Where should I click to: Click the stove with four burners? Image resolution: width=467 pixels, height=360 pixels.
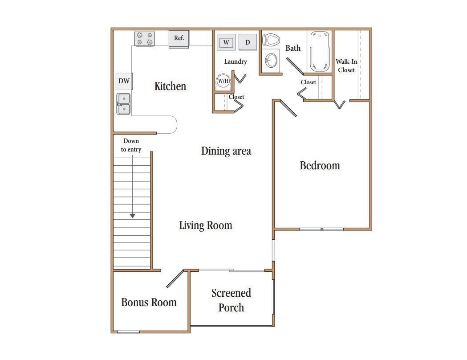[x=144, y=39]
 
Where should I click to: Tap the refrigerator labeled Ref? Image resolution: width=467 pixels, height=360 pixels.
[x=179, y=39]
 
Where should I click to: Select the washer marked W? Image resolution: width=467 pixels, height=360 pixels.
[x=226, y=42]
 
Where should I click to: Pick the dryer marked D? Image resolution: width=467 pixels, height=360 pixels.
[x=248, y=42]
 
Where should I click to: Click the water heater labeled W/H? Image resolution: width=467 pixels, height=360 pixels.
[x=223, y=81]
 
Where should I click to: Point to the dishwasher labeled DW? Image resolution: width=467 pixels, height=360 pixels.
[x=124, y=81]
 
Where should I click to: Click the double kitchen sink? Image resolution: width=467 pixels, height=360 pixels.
[x=123, y=104]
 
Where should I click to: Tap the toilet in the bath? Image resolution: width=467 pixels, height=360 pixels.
[x=271, y=39]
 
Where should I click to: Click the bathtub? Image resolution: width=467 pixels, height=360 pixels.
[x=320, y=51]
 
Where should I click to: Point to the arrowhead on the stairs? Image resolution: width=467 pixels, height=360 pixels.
[x=133, y=216]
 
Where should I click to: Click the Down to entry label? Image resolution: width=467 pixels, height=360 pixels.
[x=131, y=145]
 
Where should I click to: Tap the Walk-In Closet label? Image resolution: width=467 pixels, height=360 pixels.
[x=346, y=65]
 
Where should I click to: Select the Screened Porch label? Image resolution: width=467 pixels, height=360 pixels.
[x=231, y=300]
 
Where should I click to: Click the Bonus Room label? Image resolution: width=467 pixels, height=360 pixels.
[x=149, y=302]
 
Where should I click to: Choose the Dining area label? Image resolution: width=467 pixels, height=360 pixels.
[x=226, y=151]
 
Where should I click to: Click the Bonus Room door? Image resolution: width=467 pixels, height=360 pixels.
[x=175, y=278]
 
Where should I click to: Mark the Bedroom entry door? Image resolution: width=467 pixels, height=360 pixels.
[x=288, y=108]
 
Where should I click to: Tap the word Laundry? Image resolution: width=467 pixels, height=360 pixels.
[x=236, y=61]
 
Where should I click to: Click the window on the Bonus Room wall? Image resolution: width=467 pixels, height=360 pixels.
[x=129, y=331]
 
